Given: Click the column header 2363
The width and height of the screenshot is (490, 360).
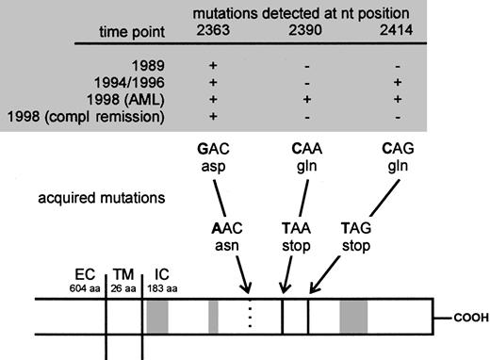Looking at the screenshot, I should point(219,32).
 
